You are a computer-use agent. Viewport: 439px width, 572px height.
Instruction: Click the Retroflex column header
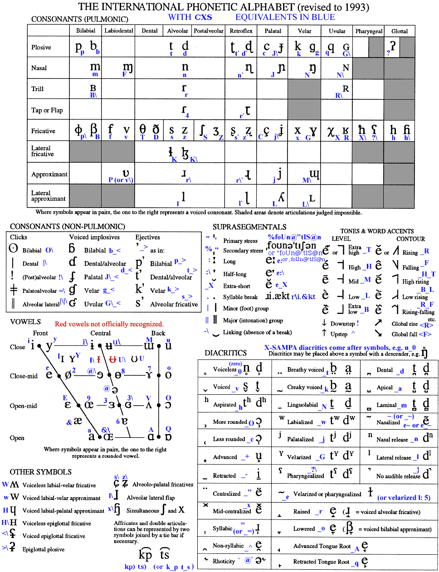[x=241, y=31]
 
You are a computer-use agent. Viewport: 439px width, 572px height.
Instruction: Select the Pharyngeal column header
[x=369, y=31]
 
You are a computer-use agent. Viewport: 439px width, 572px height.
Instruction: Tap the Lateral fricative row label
[x=42, y=151]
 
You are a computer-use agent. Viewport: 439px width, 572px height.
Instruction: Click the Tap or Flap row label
[x=47, y=110]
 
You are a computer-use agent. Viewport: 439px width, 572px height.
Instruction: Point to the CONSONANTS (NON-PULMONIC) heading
[x=67, y=227]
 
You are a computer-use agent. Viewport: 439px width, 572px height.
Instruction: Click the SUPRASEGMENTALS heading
[x=249, y=227]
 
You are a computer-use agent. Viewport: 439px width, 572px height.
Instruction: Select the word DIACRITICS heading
[x=225, y=353]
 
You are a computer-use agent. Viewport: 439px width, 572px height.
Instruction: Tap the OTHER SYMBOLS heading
[x=41, y=472]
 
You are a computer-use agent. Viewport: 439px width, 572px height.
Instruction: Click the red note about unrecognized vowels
[x=109, y=324]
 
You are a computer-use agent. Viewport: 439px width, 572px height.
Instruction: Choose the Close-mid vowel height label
[x=24, y=376]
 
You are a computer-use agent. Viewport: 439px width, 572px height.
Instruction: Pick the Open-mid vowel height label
[x=23, y=406]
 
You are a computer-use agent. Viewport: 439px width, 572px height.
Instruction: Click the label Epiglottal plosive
[x=44, y=549]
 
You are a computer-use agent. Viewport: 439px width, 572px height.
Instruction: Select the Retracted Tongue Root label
[x=321, y=562]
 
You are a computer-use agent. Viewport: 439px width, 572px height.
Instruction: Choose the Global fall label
[x=405, y=334]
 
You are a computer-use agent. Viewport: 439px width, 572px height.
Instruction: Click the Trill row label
[x=37, y=89]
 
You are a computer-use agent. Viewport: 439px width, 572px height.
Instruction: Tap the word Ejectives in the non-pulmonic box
[x=147, y=237]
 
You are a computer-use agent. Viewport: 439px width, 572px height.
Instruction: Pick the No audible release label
[x=398, y=476]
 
